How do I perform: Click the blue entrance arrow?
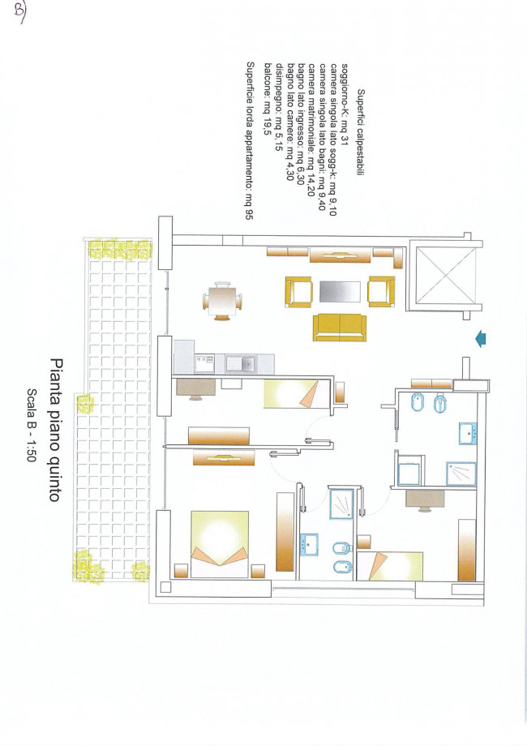[x=481, y=339]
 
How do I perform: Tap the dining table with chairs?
[x=222, y=301]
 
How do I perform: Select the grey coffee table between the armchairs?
[x=340, y=292]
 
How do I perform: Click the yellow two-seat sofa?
[x=340, y=328]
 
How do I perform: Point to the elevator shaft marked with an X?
[x=446, y=275]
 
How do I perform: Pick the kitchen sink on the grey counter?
[x=241, y=364]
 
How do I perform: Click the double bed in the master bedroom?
[x=220, y=544]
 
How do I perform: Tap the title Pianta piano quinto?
[x=56, y=430]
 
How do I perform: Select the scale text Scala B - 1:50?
[x=32, y=425]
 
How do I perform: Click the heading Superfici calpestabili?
[x=361, y=133]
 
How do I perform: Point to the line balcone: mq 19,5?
[x=268, y=99]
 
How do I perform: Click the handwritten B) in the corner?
[x=19, y=10]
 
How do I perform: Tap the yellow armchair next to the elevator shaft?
[x=381, y=292]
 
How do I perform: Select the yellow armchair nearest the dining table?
[x=298, y=292]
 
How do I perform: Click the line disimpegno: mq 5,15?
[x=279, y=107]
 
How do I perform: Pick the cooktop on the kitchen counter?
[x=204, y=364]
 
